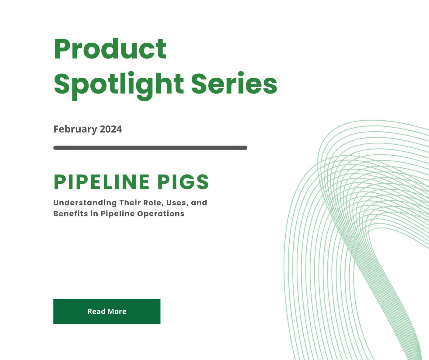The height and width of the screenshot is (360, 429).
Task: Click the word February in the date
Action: click(x=75, y=129)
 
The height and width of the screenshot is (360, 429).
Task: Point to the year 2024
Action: click(x=111, y=129)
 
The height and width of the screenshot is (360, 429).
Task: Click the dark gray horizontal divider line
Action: click(x=150, y=148)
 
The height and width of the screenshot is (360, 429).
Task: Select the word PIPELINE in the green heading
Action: click(x=102, y=182)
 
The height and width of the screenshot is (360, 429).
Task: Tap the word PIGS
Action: click(x=183, y=182)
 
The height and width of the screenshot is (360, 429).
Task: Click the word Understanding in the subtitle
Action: click(x=85, y=203)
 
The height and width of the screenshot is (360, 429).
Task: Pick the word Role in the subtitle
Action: click(x=152, y=203)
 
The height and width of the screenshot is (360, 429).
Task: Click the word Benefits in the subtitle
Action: click(x=71, y=214)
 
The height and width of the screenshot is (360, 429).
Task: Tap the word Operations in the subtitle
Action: click(x=161, y=214)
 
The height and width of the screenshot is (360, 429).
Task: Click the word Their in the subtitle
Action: click(x=130, y=203)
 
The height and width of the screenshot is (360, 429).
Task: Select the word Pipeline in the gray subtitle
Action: click(x=117, y=214)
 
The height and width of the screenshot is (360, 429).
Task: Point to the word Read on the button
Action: click(x=96, y=312)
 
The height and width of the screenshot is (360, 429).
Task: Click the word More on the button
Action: click(x=117, y=312)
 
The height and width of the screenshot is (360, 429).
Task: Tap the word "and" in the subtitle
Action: click(x=199, y=203)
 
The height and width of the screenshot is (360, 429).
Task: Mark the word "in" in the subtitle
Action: click(x=94, y=214)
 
